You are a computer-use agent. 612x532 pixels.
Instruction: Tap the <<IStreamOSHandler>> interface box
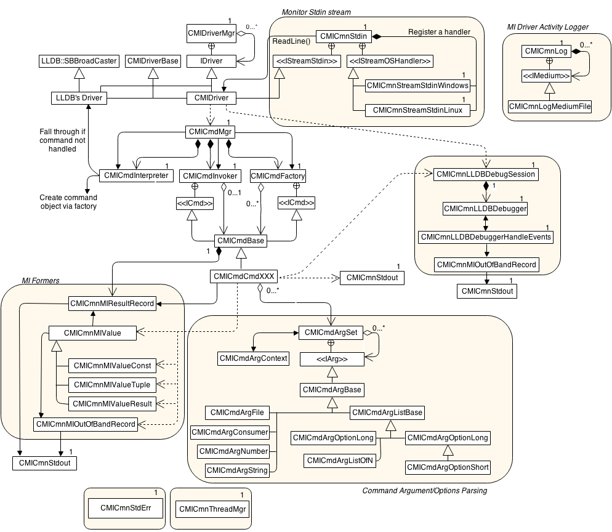[x=390, y=61]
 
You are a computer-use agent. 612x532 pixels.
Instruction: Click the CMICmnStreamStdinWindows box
[x=417, y=86]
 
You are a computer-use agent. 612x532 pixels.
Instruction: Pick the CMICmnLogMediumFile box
[x=550, y=107]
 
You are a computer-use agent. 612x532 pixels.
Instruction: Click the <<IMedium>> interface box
[x=546, y=76]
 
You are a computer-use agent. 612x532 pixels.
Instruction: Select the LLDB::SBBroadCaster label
[x=78, y=61]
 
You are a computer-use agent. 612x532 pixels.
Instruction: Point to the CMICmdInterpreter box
[x=135, y=175]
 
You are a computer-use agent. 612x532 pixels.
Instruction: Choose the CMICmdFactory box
[x=278, y=176]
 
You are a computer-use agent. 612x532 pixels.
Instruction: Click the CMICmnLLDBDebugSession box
[x=486, y=174]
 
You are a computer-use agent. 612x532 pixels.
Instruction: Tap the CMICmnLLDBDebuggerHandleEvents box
[x=486, y=237]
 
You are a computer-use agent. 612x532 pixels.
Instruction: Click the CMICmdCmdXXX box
[x=243, y=277]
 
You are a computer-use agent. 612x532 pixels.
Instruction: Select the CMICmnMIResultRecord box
[x=112, y=303]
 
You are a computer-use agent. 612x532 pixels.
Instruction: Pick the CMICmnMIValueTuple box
[x=112, y=385]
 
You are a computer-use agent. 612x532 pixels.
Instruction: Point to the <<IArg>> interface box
[x=331, y=358]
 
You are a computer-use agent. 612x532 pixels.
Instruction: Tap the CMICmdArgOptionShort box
[x=448, y=467]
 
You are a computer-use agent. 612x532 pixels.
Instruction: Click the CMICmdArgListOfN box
[x=340, y=460]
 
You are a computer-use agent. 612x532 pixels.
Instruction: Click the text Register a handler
[x=440, y=31]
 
